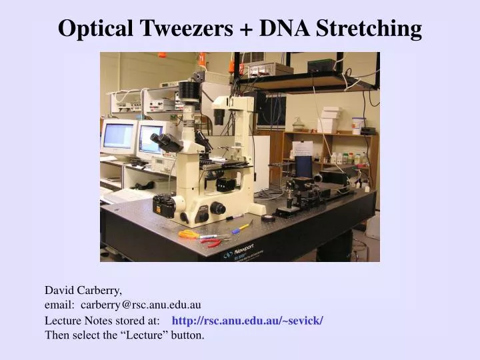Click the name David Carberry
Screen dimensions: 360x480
(83, 291)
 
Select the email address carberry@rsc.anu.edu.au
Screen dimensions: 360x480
(141, 305)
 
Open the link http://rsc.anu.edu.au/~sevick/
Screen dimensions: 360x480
(247, 321)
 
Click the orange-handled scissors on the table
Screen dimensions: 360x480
(189, 234)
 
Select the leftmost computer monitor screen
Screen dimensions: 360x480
(118, 135)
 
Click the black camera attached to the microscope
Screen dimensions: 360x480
(164, 204)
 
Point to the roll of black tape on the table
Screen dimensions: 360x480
(268, 218)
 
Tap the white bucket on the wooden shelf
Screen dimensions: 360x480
(358, 125)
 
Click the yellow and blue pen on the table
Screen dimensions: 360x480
(240, 229)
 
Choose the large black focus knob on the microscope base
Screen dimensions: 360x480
(218, 208)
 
